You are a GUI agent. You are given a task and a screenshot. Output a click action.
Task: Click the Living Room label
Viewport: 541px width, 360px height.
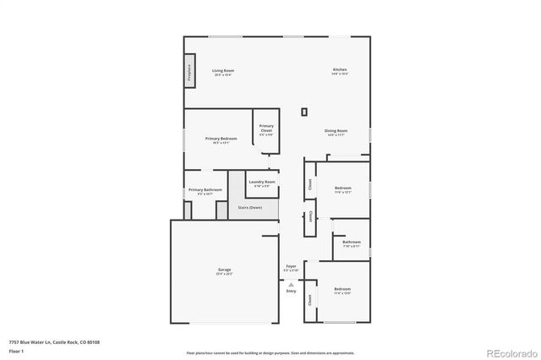point(223,70)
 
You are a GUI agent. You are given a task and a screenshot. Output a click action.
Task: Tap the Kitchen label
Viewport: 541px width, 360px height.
point(339,69)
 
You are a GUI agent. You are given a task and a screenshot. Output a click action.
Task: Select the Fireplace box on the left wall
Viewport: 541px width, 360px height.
point(189,72)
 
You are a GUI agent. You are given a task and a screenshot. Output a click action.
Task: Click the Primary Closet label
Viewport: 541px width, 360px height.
point(266,128)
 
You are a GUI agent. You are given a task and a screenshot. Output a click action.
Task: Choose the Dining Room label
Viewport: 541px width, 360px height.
point(336,131)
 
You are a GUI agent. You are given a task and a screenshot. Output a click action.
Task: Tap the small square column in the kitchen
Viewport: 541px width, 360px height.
point(304,112)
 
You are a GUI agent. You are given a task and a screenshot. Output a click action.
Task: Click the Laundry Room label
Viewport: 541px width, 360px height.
point(261,183)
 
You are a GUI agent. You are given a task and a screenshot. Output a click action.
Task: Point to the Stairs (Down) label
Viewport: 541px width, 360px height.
point(249,207)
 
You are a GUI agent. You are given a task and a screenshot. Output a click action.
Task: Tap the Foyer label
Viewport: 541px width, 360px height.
point(291,266)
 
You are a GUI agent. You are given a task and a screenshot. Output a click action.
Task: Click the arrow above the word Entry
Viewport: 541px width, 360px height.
point(291,285)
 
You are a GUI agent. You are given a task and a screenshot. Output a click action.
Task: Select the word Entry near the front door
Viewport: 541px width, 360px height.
point(291,292)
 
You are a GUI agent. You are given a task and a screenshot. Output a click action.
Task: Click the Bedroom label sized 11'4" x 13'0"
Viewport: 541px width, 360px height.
point(342,290)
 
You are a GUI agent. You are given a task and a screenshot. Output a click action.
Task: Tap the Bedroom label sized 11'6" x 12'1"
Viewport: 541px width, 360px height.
point(342,188)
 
